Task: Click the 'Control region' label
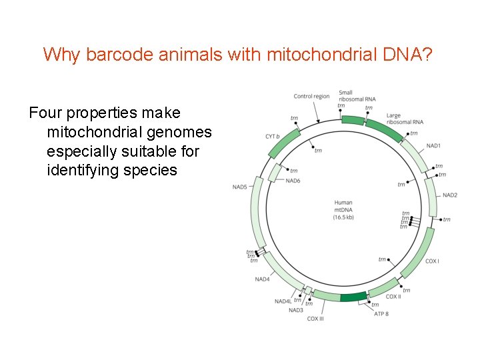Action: pos(311,96)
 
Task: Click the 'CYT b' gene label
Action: pos(272,137)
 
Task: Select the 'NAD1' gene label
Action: pos(433,145)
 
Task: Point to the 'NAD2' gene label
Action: pos(450,195)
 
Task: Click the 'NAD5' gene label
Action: pos(239,187)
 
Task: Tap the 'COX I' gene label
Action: pos(432,261)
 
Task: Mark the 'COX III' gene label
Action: pos(316,319)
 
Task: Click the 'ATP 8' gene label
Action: pos(381,313)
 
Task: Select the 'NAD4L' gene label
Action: pos(282,301)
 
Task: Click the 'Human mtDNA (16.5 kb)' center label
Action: pos(343,209)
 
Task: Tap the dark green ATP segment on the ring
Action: pos(353,297)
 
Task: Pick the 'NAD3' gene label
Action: pos(295,309)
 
